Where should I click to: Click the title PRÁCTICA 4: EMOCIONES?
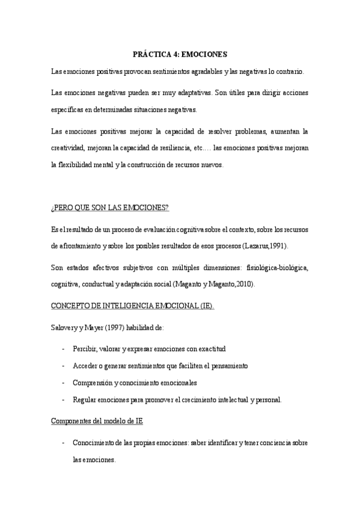180,54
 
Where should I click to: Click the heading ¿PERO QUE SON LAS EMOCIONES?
110,207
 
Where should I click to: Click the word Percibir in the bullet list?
85,349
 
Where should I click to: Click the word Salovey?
64,327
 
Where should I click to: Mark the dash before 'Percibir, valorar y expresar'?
64,349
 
